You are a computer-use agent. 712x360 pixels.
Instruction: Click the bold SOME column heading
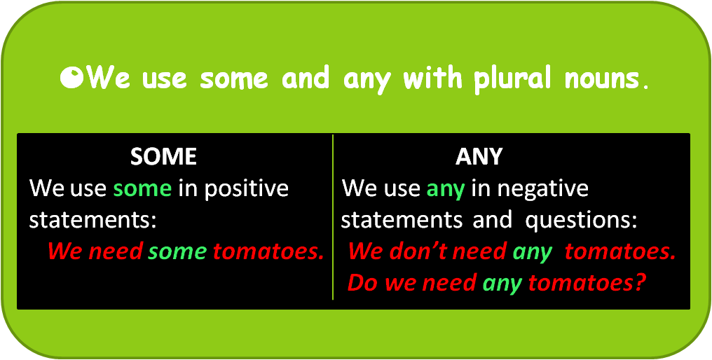pyautogui.click(x=163, y=157)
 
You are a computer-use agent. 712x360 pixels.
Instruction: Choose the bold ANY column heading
pyautogui.click(x=479, y=157)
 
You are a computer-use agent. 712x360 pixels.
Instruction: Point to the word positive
pyautogui.click(x=246, y=189)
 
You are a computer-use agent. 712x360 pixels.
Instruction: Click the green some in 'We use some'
pyautogui.click(x=142, y=189)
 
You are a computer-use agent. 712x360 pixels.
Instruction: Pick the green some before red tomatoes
pyautogui.click(x=177, y=252)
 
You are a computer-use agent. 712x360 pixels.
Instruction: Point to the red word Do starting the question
pyautogui.click(x=364, y=283)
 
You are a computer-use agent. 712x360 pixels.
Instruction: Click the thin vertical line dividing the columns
pyautogui.click(x=333, y=217)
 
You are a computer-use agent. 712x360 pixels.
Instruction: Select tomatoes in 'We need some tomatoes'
pyautogui.click(x=268, y=251)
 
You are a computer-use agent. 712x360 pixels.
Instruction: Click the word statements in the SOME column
pyautogui.click(x=93, y=221)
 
